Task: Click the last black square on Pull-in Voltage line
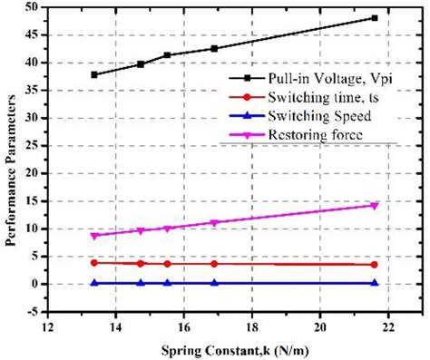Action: [x=374, y=18]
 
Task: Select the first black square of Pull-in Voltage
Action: [x=94, y=74]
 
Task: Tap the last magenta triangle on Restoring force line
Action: [x=374, y=206]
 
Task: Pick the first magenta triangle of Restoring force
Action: [x=94, y=236]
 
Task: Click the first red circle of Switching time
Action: [x=94, y=263]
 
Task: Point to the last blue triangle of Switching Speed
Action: [x=374, y=283]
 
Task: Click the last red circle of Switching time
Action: [x=374, y=265]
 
